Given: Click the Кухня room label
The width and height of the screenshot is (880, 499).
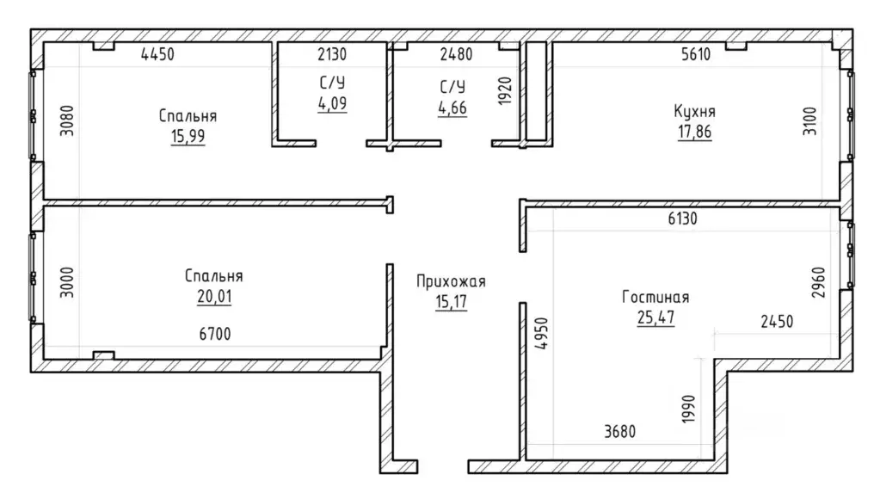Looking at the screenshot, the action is tap(694, 111).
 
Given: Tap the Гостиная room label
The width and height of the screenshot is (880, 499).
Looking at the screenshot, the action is tap(655, 297).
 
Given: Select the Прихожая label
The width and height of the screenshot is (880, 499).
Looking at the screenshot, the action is tap(451, 281).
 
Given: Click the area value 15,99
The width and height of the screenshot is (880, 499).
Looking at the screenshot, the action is tap(188, 137).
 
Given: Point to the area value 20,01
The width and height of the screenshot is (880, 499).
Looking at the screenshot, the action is tap(214, 296).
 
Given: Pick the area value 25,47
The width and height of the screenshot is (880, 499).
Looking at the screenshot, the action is tap(655, 317).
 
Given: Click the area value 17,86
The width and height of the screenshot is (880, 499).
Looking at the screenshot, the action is tap(694, 132).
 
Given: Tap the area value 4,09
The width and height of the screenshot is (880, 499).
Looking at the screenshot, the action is tap(332, 104).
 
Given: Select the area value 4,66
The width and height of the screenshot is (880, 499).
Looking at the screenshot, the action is tap(452, 108).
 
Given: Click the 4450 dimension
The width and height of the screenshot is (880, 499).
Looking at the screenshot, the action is tap(157, 54).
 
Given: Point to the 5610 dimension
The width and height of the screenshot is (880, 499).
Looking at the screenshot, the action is tap(696, 54).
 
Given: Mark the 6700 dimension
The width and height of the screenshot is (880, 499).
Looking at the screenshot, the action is tap(215, 334).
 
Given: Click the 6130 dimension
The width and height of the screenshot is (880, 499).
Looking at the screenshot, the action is tap(682, 219).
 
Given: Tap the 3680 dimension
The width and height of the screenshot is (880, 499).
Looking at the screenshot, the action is tap(620, 432).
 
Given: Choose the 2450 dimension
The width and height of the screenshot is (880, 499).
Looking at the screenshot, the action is tap(777, 322).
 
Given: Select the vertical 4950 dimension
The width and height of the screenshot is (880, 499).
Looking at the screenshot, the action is tap(541, 334).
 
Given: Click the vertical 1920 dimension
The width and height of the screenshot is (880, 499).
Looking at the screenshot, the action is tap(505, 91).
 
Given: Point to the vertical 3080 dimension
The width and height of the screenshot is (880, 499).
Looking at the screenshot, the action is tap(67, 121).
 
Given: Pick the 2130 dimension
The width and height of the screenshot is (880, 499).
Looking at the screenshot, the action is tap(332, 54).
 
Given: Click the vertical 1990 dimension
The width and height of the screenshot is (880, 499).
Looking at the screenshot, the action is tap(689, 410).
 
